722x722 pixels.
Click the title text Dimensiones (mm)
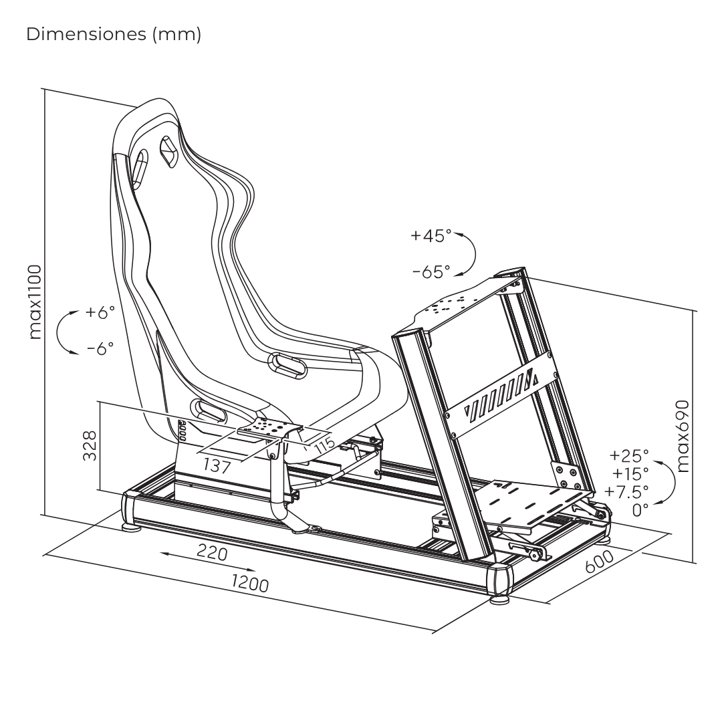[114, 35]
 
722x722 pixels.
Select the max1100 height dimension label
[34, 302]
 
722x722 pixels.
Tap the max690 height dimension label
[683, 437]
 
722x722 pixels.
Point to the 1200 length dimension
[250, 583]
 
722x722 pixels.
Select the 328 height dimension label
[90, 445]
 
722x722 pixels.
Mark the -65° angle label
[431, 271]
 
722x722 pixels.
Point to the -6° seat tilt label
[100, 348]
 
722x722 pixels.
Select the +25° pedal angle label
[629, 457]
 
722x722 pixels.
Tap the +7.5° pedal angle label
[626, 492]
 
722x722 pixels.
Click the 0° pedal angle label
[640, 509]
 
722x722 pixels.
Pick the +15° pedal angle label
[629, 474]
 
